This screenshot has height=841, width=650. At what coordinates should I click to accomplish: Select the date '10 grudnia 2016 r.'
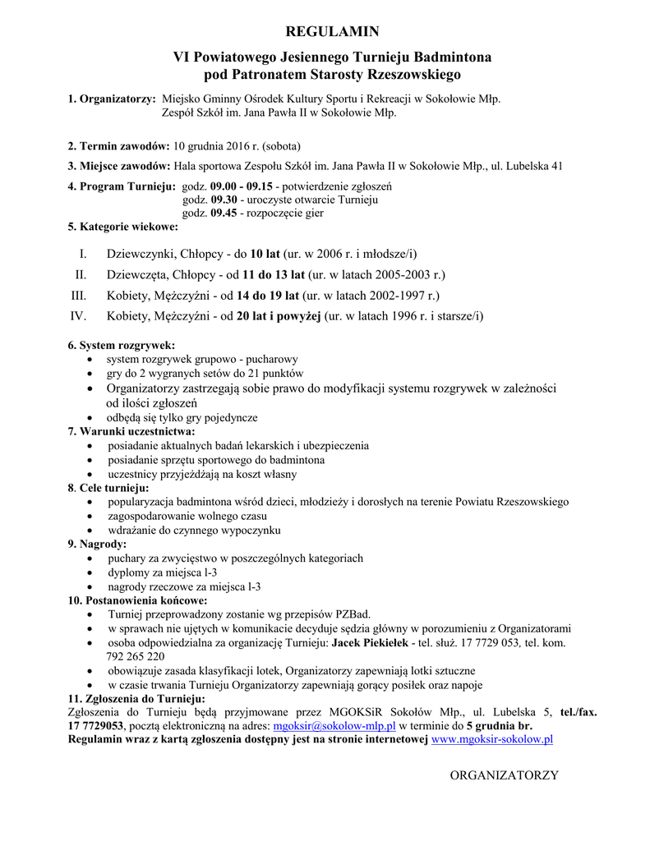click(214, 145)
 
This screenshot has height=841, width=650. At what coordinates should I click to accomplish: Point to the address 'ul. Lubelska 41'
click(527, 165)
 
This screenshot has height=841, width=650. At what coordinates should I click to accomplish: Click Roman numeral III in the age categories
click(79, 295)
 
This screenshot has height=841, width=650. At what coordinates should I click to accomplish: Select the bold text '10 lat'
click(266, 254)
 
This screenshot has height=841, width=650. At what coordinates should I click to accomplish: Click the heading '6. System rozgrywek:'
click(121, 346)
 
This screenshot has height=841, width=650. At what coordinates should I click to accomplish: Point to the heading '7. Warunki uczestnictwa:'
click(131, 431)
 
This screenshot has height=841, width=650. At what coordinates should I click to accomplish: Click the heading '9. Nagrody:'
click(97, 544)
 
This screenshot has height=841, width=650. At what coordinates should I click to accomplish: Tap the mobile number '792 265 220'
click(136, 656)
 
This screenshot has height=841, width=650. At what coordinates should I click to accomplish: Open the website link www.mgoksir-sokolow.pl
click(491, 739)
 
